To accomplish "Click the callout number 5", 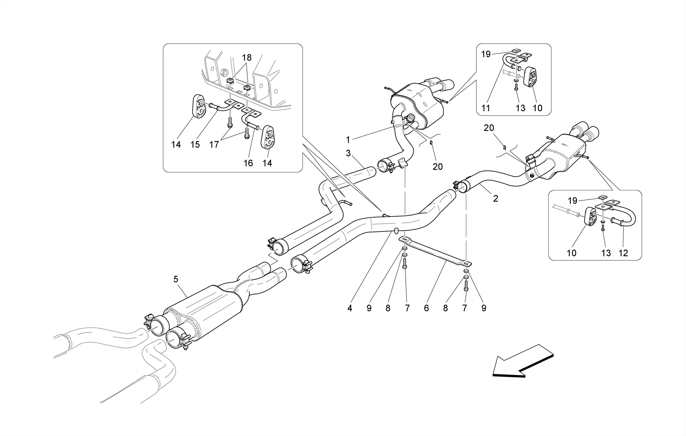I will pyautogui.click(x=176, y=279).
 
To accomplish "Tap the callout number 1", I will pyautogui.click(x=348, y=140).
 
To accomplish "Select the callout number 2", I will pyautogui.click(x=495, y=198).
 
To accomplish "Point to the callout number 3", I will pyautogui.click(x=348, y=154).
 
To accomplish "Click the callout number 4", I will pyautogui.click(x=350, y=308).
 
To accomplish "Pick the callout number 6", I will pyautogui.click(x=426, y=308).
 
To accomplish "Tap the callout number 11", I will pyautogui.click(x=486, y=108).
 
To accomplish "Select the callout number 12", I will pyautogui.click(x=623, y=253).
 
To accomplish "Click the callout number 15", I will pyautogui.click(x=195, y=144).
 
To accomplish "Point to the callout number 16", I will pyautogui.click(x=248, y=163).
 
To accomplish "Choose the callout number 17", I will pyautogui.click(x=214, y=144).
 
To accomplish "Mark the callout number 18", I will pyautogui.click(x=247, y=58).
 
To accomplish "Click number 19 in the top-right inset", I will pyautogui.click(x=486, y=54).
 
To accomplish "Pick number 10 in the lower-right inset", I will pyautogui.click(x=571, y=253).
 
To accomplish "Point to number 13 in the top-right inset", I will pyautogui.click(x=521, y=108).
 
